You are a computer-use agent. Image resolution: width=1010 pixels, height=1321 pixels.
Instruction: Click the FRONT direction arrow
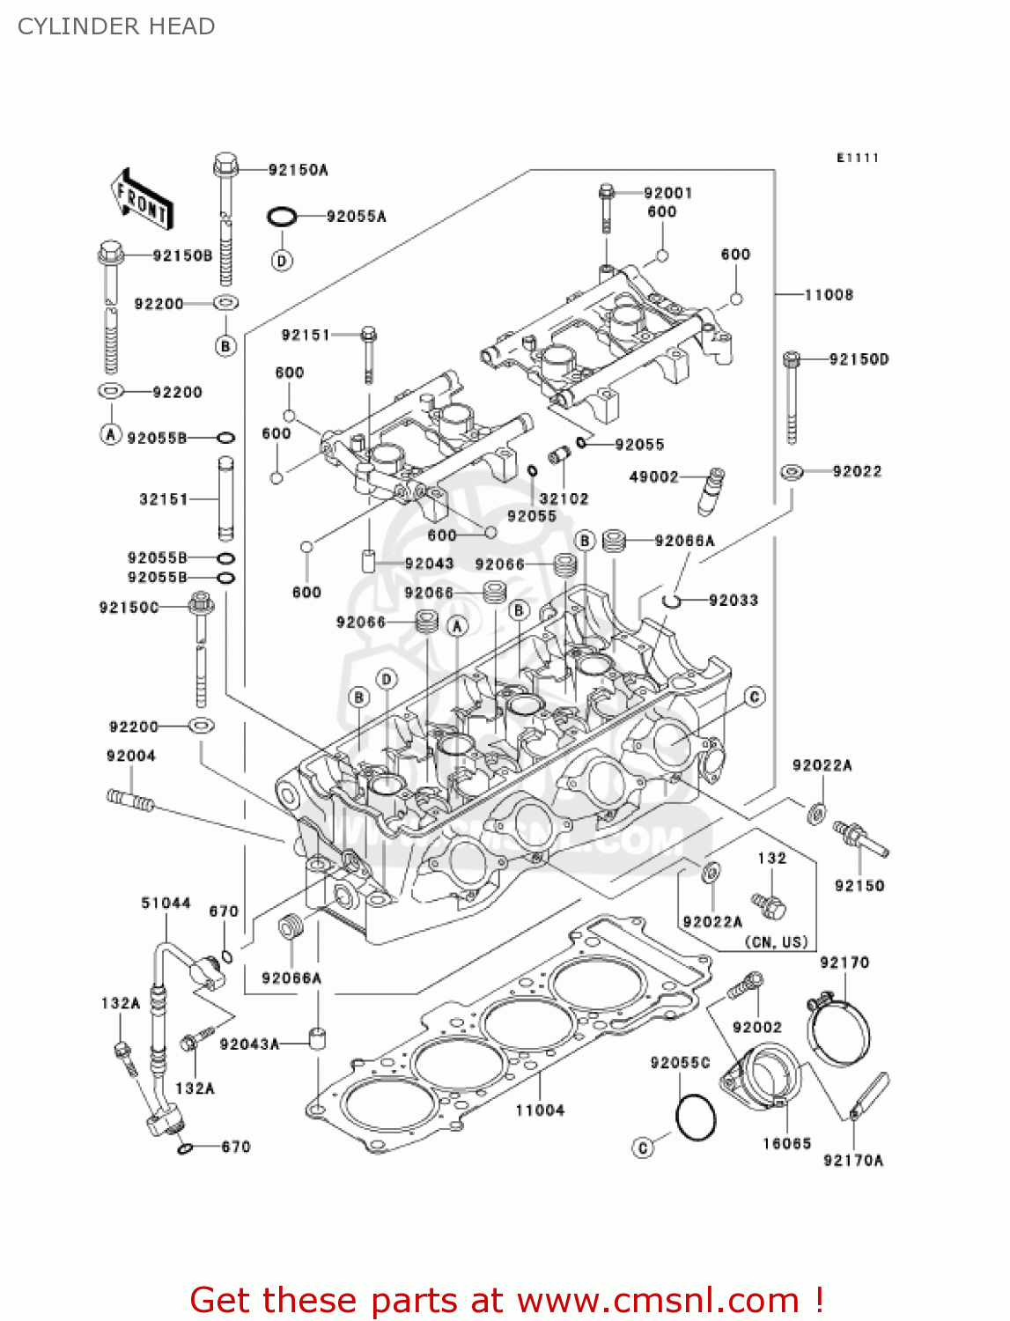(x=141, y=200)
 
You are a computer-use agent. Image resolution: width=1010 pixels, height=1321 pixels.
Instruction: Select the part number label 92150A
(x=298, y=170)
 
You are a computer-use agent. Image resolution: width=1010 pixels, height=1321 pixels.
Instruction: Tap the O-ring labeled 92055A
(x=281, y=217)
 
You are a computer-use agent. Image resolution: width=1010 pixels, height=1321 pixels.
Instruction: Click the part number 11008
(x=829, y=295)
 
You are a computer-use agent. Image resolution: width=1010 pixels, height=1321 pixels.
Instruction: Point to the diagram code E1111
(x=857, y=158)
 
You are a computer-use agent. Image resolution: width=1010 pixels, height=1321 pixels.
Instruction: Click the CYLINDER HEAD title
(x=116, y=26)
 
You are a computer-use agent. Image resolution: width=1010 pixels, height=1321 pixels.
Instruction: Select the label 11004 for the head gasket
(x=540, y=1111)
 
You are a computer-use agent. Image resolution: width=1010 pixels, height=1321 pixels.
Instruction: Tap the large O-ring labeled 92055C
(x=696, y=1118)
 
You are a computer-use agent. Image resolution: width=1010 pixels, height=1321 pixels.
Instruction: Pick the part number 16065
(x=786, y=1143)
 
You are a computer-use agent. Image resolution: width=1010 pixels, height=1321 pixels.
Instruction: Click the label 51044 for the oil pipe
(x=166, y=903)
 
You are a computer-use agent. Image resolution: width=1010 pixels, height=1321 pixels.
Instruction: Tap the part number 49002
(x=653, y=476)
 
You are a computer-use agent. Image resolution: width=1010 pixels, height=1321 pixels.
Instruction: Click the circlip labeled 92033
(x=672, y=601)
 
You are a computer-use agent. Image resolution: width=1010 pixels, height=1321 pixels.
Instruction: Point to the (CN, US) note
(x=776, y=942)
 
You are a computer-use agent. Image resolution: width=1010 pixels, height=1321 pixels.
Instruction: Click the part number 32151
(x=164, y=499)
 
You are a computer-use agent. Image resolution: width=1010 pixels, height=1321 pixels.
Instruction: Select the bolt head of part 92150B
(x=110, y=254)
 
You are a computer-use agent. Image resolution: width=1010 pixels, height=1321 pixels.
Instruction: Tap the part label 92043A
(x=249, y=1044)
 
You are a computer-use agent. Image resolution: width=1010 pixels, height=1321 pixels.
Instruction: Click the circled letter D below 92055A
(x=282, y=261)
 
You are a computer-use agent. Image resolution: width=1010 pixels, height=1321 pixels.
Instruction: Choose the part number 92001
(x=667, y=193)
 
